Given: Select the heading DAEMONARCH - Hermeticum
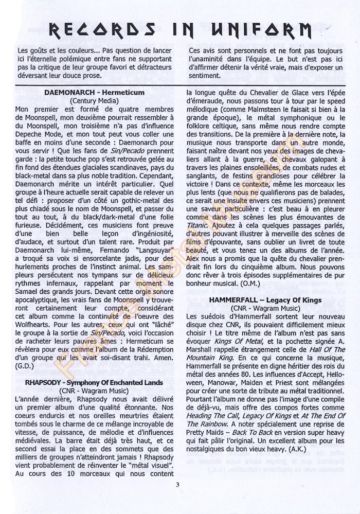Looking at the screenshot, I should (x=94, y=93).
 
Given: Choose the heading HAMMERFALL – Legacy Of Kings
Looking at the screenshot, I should (x=266, y=300).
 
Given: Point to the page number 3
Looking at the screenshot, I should (x=177, y=484).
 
